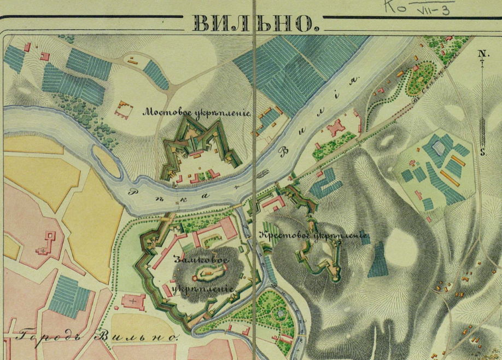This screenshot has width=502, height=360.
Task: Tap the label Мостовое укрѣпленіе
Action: (197, 113)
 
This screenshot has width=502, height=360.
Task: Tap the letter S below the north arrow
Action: (483, 153)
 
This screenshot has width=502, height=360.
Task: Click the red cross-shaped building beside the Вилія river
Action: (335, 129)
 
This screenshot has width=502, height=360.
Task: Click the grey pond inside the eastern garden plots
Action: (438, 146)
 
